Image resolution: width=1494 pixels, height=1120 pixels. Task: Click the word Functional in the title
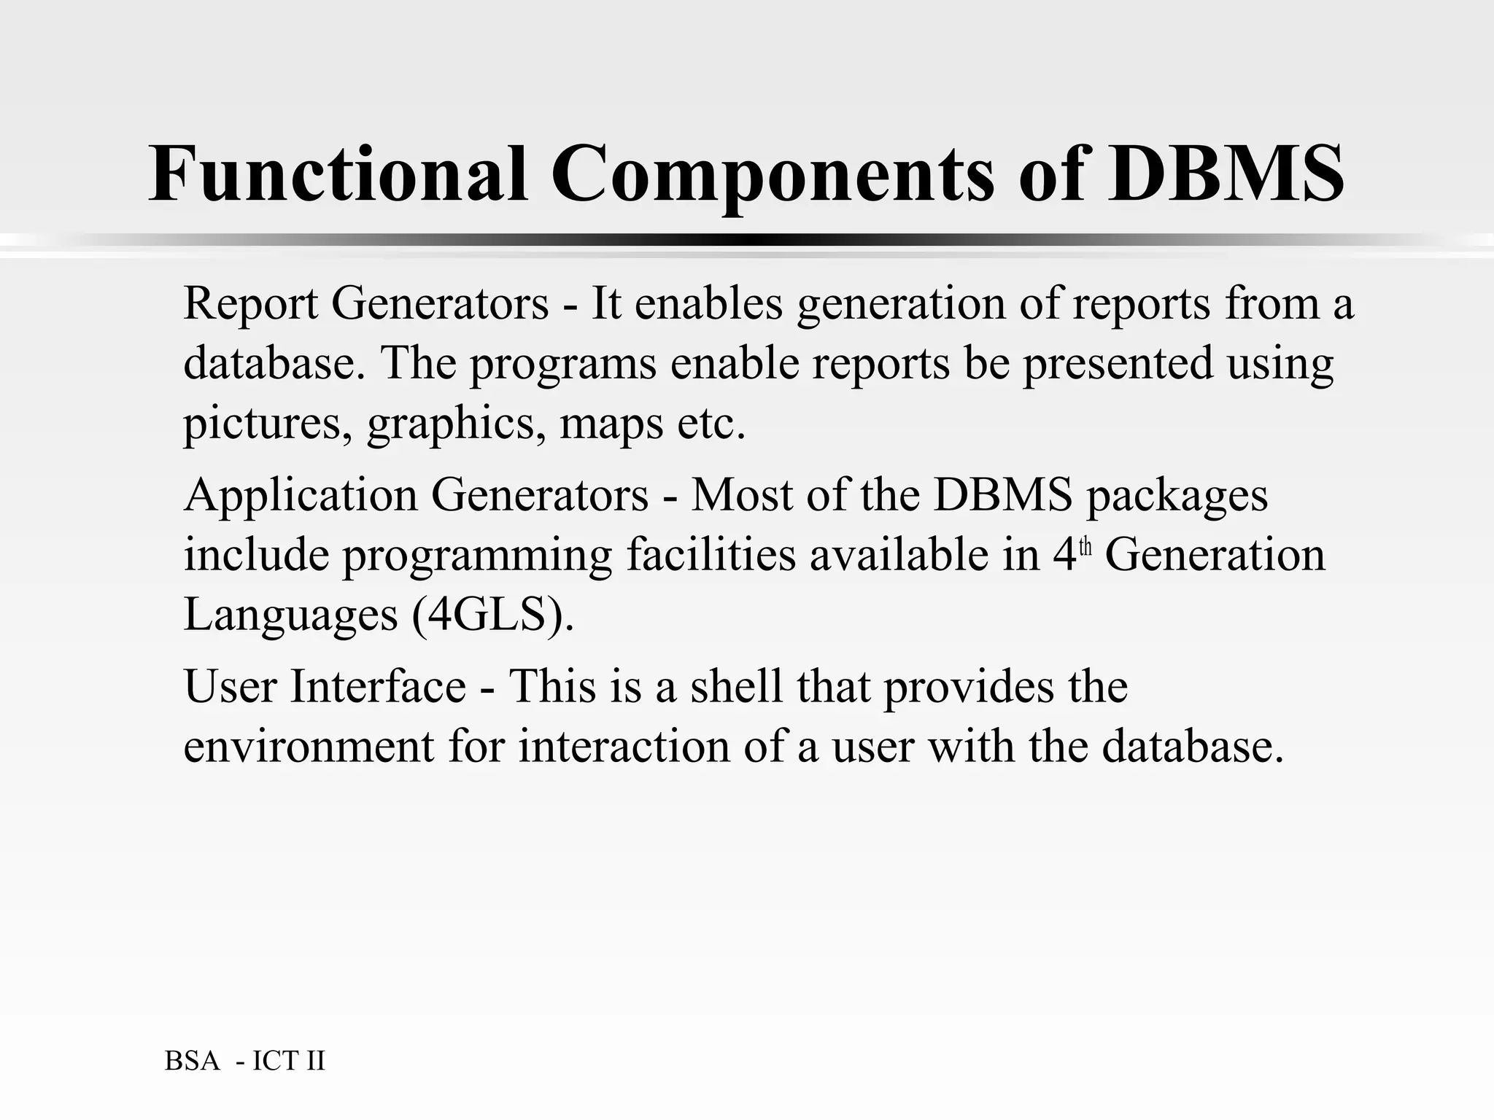[x=338, y=175]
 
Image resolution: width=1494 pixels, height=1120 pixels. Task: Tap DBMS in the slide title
[x=1226, y=175]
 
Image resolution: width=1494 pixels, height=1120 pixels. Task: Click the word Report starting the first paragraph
[x=250, y=303]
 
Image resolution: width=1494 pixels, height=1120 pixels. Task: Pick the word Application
[x=300, y=496]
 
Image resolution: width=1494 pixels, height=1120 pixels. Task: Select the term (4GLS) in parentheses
[x=492, y=615]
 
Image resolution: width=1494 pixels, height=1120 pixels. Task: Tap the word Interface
[x=377, y=687]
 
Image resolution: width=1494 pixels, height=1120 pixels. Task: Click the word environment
[x=309, y=747]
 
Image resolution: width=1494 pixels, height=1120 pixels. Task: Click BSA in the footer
[x=193, y=1061]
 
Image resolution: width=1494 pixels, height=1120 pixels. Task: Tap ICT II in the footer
[x=289, y=1061]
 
